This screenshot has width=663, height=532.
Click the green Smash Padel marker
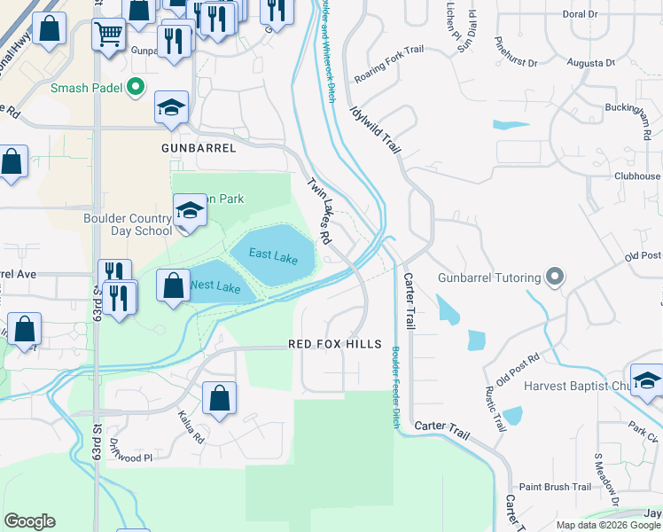point(136,87)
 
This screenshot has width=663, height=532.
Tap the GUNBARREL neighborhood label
point(199,148)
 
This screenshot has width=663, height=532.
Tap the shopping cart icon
point(108,35)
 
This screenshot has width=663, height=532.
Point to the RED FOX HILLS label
point(335,344)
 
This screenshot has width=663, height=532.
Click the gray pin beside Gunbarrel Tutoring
point(555,278)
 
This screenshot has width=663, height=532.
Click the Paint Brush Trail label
point(555,487)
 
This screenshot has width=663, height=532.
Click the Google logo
point(29,520)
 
